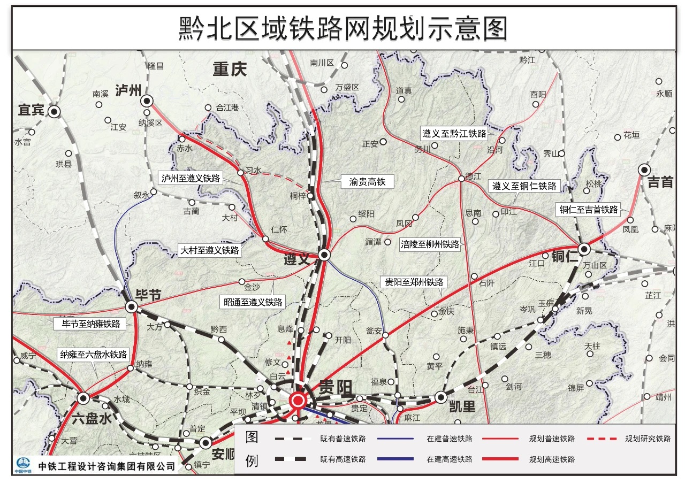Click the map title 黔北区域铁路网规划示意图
(342, 28)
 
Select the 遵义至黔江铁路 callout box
(454, 134)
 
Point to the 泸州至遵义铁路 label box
(191, 178)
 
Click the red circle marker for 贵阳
(298, 400)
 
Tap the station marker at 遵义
(324, 255)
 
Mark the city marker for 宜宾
(54, 111)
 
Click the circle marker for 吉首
(644, 170)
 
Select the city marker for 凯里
(441, 397)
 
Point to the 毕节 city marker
(131, 306)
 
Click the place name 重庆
(229, 70)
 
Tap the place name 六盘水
(92, 419)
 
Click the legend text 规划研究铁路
(648, 439)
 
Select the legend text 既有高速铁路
(343, 459)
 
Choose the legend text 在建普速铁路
(450, 439)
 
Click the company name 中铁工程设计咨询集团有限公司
(107, 466)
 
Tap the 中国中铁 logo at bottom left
(24, 465)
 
